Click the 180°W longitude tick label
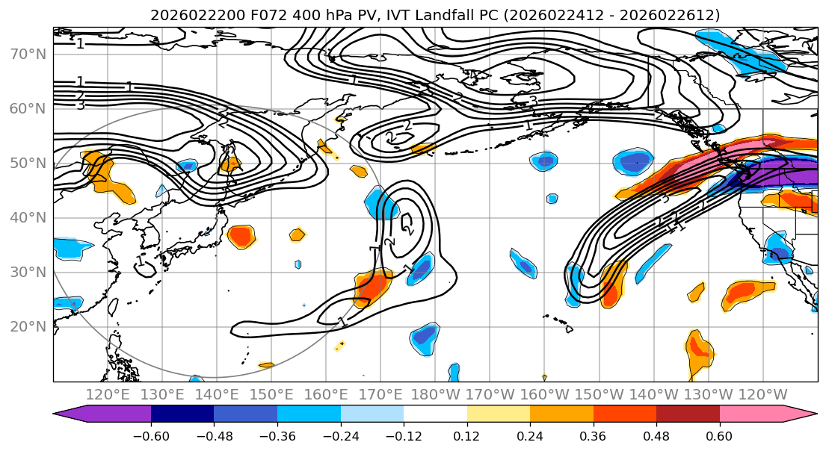point(435,394)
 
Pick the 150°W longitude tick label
point(599,394)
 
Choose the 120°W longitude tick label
point(762,394)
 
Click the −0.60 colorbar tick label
point(151,435)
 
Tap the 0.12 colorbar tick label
point(467,435)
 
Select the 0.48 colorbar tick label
point(656,435)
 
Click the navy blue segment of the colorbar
point(182,414)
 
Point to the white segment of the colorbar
point(435,414)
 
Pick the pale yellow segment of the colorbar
point(499,414)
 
